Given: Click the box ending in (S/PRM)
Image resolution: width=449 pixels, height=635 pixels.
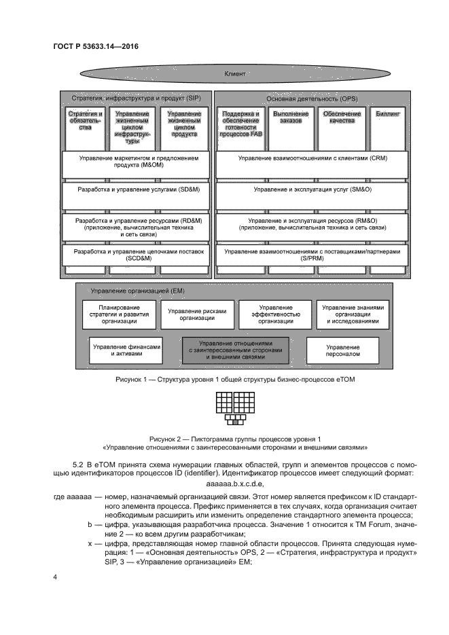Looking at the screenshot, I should coord(312,255).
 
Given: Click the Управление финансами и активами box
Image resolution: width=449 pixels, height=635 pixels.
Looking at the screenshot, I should coord(126,350).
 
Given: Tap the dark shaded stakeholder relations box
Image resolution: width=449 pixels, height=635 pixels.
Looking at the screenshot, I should coord(235,350).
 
